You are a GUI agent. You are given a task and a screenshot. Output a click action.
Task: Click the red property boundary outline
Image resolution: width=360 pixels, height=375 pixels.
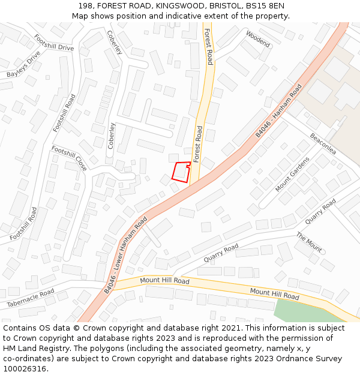(x=181, y=172)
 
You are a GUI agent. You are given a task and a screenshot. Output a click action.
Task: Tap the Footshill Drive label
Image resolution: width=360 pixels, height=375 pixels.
(x=54, y=43)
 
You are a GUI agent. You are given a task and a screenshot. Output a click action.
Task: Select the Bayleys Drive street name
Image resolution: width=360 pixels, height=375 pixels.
(x=23, y=65)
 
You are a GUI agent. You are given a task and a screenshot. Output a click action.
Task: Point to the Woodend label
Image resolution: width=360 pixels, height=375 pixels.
(x=257, y=39)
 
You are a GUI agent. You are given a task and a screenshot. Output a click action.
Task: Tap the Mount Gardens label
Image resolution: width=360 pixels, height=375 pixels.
(x=292, y=174)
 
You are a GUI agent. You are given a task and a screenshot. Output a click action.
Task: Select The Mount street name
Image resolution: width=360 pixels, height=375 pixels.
(x=309, y=242)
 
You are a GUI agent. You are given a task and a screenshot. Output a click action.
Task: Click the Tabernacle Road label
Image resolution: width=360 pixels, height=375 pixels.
(x=30, y=298)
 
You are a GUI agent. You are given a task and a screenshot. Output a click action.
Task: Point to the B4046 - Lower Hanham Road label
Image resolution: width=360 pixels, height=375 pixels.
(x=125, y=255)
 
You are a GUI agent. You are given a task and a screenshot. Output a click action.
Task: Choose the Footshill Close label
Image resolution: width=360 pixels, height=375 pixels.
(x=69, y=158)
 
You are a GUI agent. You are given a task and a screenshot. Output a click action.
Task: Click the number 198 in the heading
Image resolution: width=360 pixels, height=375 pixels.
(x=86, y=6)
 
